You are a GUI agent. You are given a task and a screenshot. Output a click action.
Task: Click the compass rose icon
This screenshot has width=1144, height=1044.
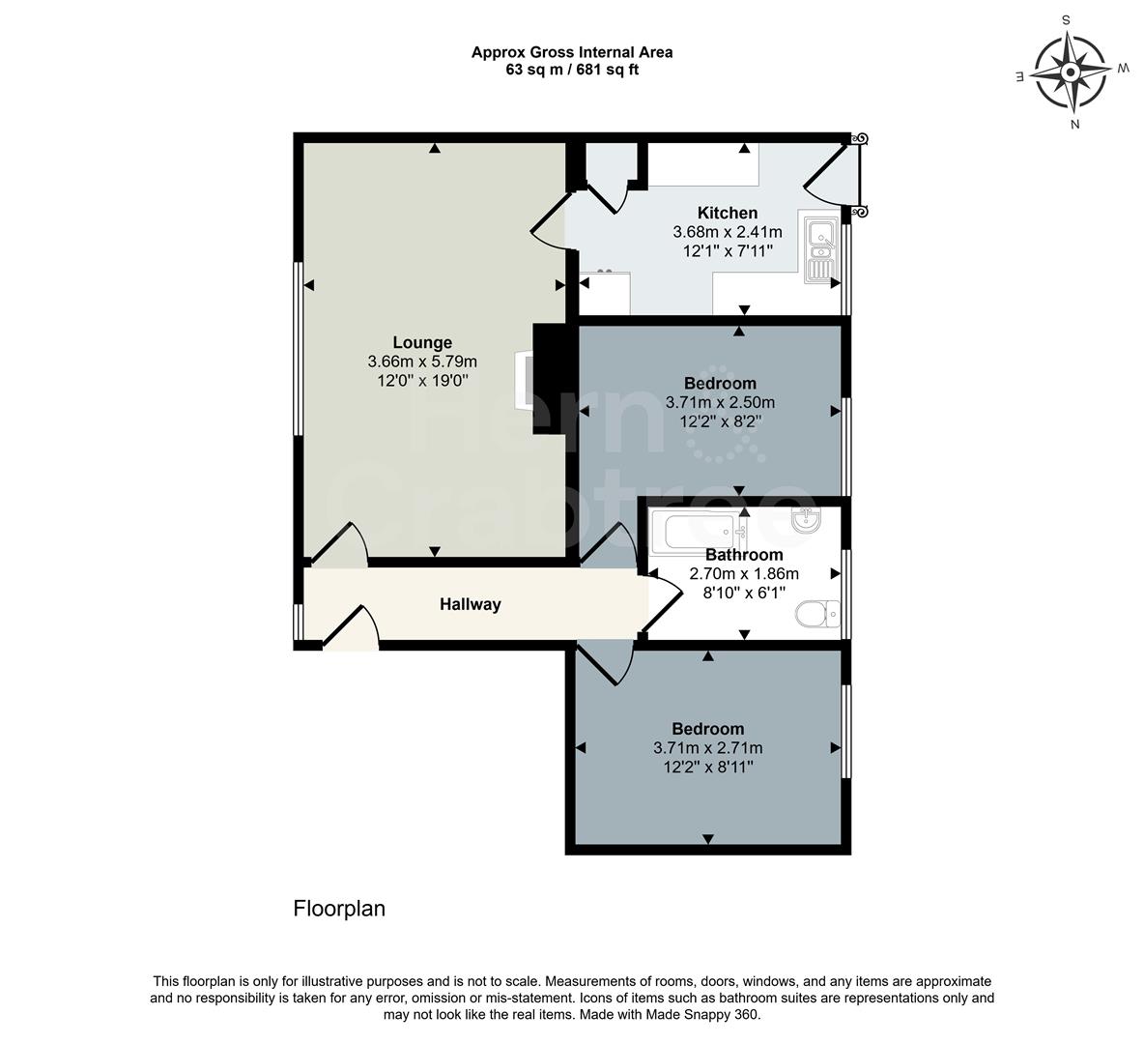pos(1071,72)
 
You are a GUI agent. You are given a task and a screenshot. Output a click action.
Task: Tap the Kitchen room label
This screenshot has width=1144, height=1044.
pos(728,213)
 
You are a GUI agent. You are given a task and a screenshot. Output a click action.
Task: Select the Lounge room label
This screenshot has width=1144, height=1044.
pos(422,342)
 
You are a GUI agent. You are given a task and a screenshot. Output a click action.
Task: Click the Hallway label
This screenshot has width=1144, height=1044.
pos(471,604)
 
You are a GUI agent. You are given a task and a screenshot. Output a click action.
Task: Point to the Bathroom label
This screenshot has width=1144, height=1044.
pos(743,555)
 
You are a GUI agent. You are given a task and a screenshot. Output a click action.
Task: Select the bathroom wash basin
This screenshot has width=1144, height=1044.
pos(804,521)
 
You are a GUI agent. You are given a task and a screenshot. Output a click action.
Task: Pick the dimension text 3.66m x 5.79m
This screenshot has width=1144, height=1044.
pos(422,362)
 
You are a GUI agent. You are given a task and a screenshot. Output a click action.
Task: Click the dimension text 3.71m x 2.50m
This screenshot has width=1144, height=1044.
pos(721,402)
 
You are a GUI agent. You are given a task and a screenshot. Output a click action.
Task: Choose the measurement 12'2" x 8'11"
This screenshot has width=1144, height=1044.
pos(708,767)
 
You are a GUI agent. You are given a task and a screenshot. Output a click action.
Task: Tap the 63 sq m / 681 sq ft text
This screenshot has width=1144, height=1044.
pos(572,70)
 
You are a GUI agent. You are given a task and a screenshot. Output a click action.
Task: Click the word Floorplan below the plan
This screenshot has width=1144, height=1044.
pos(339,909)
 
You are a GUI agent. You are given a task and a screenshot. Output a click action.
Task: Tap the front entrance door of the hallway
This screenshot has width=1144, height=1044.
pos(350,628)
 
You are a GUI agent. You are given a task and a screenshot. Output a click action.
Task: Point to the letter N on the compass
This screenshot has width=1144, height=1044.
pos(1074,124)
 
